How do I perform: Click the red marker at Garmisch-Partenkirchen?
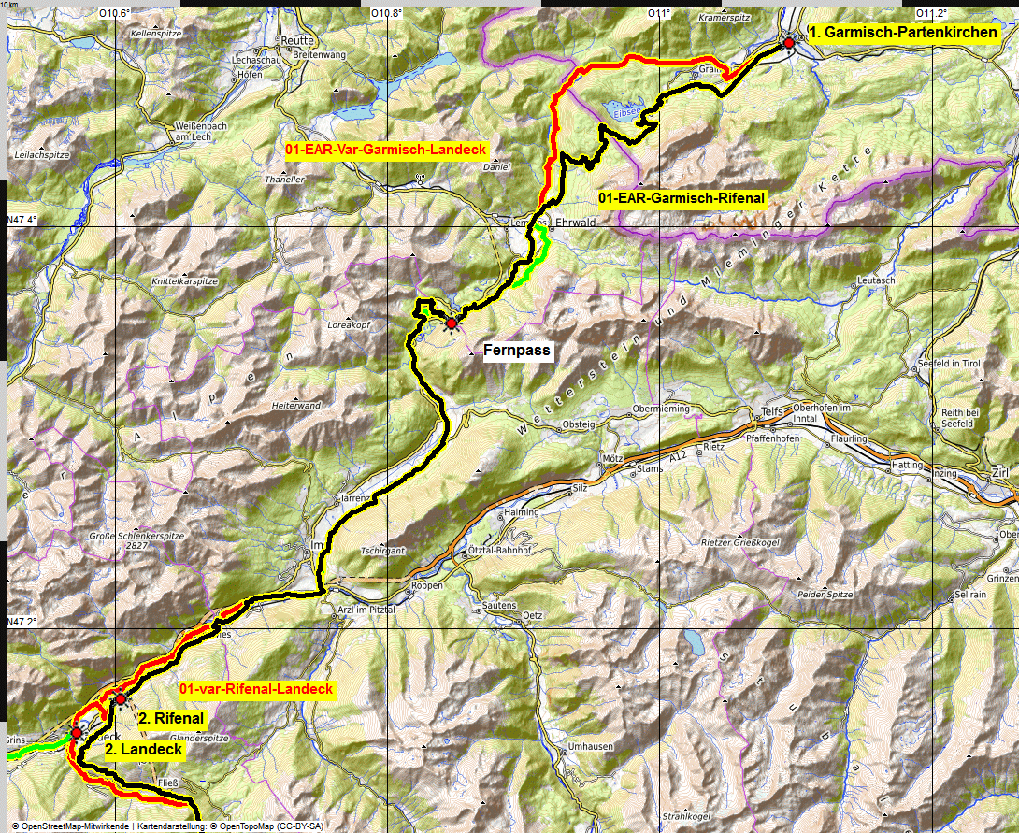tap(789, 43)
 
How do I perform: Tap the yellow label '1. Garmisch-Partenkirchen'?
tap(902, 33)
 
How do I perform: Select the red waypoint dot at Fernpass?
tap(452, 323)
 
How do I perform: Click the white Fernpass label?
tap(517, 352)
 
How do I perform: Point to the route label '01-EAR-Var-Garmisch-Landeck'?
tap(387, 150)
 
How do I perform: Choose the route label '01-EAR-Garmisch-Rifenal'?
tap(682, 198)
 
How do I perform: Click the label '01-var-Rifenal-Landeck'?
tap(256, 689)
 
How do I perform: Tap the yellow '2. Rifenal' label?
tap(171, 719)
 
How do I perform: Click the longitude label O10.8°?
tap(386, 13)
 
